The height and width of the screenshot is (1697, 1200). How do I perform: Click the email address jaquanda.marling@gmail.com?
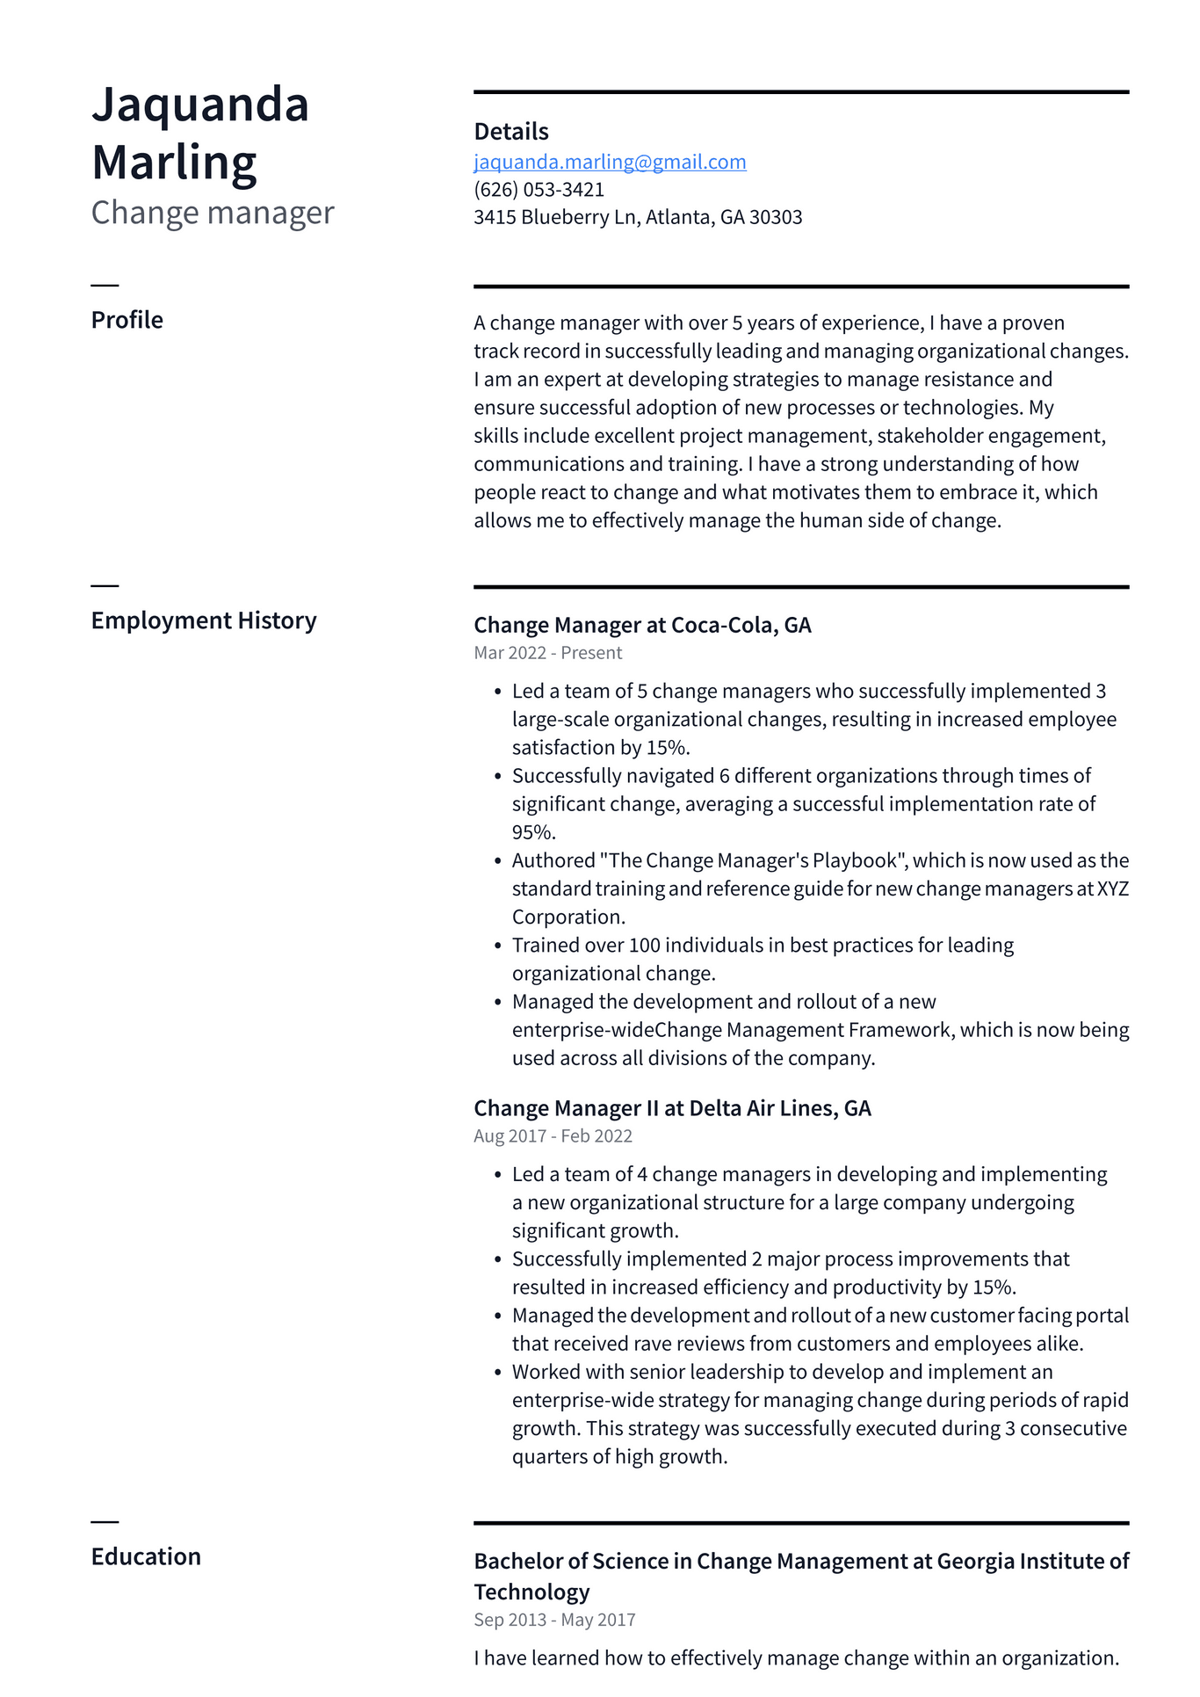tap(610, 162)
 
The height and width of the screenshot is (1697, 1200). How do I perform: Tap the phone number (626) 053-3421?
tap(539, 189)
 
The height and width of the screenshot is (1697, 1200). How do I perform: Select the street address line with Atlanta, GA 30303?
tap(638, 217)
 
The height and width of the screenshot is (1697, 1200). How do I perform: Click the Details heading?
tap(511, 132)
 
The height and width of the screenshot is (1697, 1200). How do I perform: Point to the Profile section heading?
tap(127, 320)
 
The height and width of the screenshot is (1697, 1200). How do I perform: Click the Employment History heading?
tap(204, 620)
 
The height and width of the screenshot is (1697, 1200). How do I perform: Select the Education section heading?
tap(146, 1556)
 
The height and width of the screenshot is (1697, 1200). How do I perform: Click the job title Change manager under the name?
tap(213, 213)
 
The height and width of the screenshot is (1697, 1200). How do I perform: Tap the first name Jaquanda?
tap(200, 105)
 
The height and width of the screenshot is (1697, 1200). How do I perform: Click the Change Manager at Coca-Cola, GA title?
tap(642, 625)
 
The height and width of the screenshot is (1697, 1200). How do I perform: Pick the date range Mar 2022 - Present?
tap(547, 653)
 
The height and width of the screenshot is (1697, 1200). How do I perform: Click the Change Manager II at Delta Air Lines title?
tap(672, 1108)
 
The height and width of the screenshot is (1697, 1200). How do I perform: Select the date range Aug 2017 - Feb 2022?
tap(553, 1135)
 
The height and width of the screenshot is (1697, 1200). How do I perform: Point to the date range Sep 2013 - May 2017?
tap(554, 1620)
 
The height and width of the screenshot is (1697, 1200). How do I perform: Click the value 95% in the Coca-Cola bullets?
tap(533, 832)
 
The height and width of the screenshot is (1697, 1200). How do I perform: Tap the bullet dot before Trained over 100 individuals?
tap(497, 946)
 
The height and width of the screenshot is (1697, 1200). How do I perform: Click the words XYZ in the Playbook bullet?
tap(1113, 888)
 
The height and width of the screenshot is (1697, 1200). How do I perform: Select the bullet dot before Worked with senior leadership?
tap(497, 1373)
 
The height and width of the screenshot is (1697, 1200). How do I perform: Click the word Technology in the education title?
tap(531, 1592)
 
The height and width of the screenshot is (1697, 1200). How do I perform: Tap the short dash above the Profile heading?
tap(105, 286)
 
